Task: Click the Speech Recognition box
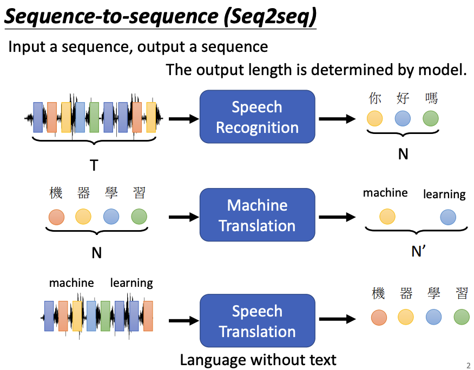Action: click(257, 117)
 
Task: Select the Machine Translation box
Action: click(257, 215)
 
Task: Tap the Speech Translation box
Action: click(257, 321)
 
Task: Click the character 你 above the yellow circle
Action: click(375, 98)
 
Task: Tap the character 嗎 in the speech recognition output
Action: click(431, 98)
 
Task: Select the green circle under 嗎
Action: click(431, 118)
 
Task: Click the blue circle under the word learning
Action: click(447, 217)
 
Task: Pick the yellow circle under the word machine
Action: click(387, 217)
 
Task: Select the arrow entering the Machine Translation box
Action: click(183, 217)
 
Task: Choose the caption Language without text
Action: click(258, 360)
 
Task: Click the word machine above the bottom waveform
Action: click(71, 282)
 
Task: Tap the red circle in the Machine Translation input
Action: click(56, 217)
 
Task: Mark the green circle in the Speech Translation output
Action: click(462, 317)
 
